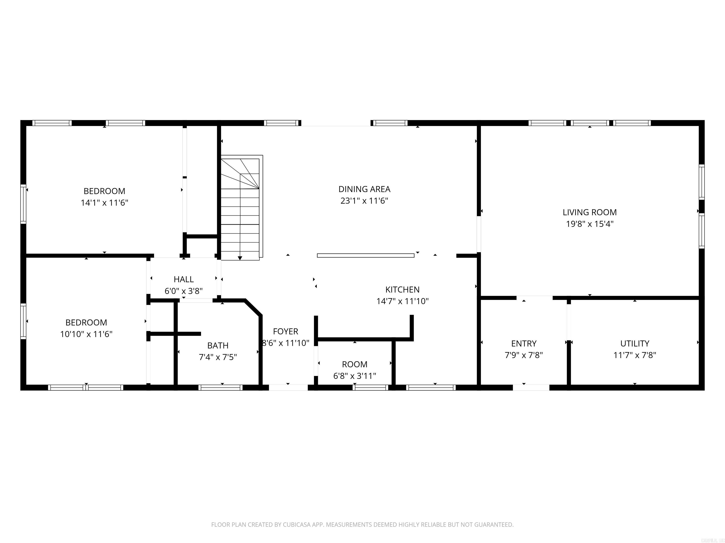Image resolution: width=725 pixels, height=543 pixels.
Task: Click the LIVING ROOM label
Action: (589, 212)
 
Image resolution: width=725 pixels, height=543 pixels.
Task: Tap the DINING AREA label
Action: (364, 189)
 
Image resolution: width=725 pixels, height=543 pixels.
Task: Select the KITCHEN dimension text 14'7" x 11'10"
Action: (402, 301)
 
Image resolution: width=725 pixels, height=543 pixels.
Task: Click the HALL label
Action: (184, 279)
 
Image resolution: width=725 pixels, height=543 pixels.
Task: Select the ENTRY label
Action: (523, 343)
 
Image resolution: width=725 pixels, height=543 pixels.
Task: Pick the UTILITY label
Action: (635, 343)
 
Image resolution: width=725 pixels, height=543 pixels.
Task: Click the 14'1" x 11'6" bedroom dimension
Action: (104, 203)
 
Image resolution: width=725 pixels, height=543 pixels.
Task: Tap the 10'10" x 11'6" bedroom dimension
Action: (86, 334)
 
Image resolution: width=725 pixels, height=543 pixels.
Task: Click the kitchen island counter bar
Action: (365, 255)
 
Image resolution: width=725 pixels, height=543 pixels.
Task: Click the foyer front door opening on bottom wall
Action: (288, 387)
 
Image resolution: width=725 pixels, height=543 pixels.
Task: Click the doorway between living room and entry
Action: (534, 298)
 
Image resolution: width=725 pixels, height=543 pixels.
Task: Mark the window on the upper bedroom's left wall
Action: (23, 204)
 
